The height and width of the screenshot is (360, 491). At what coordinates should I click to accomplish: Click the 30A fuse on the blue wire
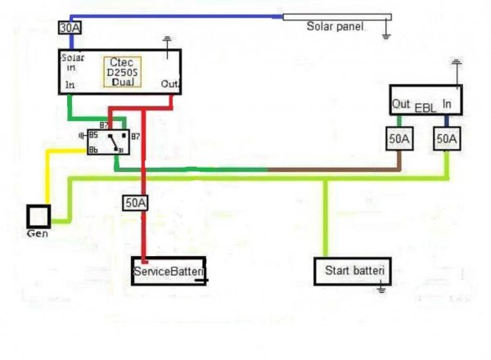[70, 27]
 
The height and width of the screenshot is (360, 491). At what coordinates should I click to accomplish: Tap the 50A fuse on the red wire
[135, 201]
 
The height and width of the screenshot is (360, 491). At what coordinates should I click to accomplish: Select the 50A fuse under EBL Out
[399, 140]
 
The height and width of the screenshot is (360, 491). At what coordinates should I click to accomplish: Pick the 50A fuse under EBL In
[447, 140]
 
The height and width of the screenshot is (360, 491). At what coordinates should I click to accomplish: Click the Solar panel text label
[335, 26]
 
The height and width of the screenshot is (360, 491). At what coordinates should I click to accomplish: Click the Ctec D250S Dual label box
[124, 72]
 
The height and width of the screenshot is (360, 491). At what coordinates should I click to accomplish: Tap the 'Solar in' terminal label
[73, 63]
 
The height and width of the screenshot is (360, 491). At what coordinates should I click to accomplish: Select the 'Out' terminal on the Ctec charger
[169, 84]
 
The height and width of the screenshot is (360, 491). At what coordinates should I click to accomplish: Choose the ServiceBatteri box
[169, 270]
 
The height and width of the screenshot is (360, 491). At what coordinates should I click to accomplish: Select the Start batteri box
[354, 271]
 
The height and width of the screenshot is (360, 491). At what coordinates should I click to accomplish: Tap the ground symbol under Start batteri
[381, 288]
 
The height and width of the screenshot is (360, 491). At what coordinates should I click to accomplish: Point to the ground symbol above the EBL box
[456, 62]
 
